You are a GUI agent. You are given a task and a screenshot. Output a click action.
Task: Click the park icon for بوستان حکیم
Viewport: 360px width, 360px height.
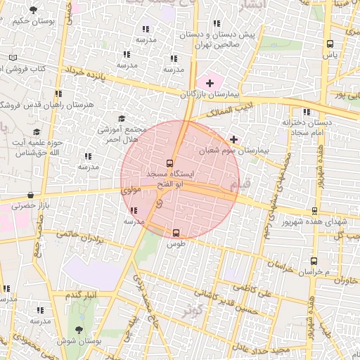pyautogui.click(x=33, y=9)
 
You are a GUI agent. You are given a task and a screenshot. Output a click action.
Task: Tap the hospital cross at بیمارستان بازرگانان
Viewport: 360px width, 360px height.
pyautogui.click(x=210, y=83)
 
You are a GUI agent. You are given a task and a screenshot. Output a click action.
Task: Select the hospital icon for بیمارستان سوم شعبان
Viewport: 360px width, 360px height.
pyautogui.click(x=233, y=139)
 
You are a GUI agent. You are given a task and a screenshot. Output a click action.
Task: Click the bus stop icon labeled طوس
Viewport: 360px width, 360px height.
pyautogui.click(x=176, y=233)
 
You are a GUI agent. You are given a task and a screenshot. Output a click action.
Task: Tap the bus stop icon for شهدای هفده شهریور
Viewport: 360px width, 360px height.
pyautogui.click(x=314, y=210)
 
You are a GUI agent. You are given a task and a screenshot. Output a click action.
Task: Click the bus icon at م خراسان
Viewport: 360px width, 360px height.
pyautogui.click(x=314, y=261)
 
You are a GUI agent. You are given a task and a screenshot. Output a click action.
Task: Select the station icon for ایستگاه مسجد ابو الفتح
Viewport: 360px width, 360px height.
pyautogui.click(x=168, y=162)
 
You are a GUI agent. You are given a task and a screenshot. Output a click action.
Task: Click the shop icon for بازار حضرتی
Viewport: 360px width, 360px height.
pyautogui.click(x=30, y=195)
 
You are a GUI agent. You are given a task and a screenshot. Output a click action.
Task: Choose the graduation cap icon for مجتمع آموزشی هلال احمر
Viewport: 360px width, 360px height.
pyautogui.click(x=121, y=119)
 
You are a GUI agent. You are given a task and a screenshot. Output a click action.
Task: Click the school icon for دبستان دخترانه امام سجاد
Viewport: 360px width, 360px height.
pyautogui.click(x=305, y=112)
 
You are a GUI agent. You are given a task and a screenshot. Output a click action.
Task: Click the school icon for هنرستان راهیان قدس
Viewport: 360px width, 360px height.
pyautogui.click(x=58, y=94)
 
